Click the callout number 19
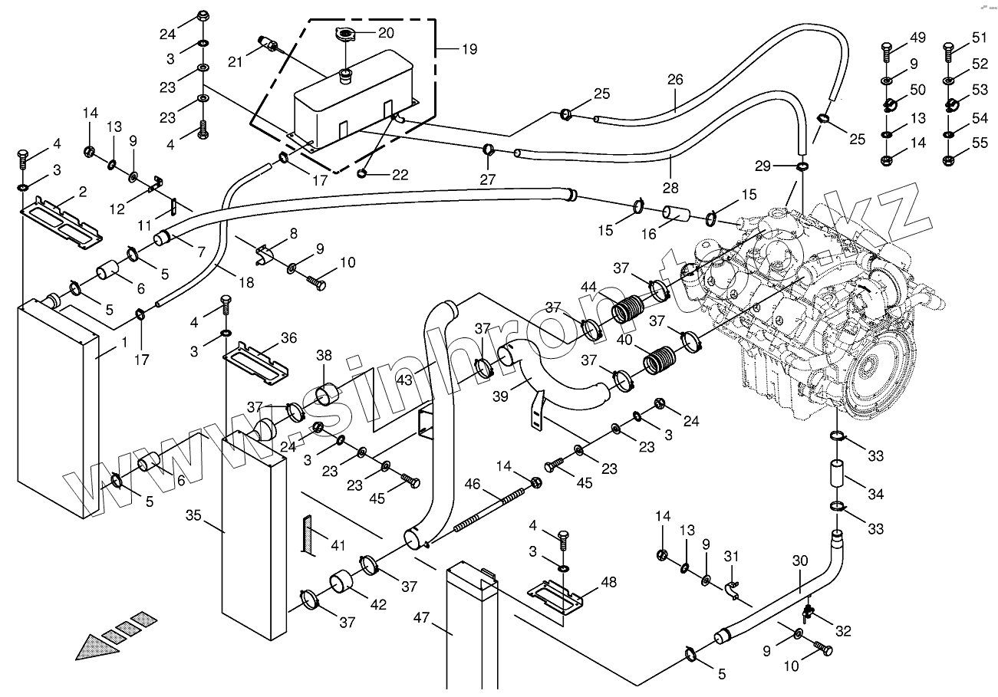tap(469, 49)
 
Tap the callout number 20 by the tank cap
tap(386, 33)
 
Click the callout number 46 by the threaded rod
tap(472, 485)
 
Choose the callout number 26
tap(674, 79)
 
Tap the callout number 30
tap(800, 561)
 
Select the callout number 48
tap(608, 582)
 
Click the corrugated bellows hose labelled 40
tap(660, 360)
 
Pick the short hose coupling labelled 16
tap(675, 213)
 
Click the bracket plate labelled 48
tap(554, 597)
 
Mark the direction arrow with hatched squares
tap(115, 636)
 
